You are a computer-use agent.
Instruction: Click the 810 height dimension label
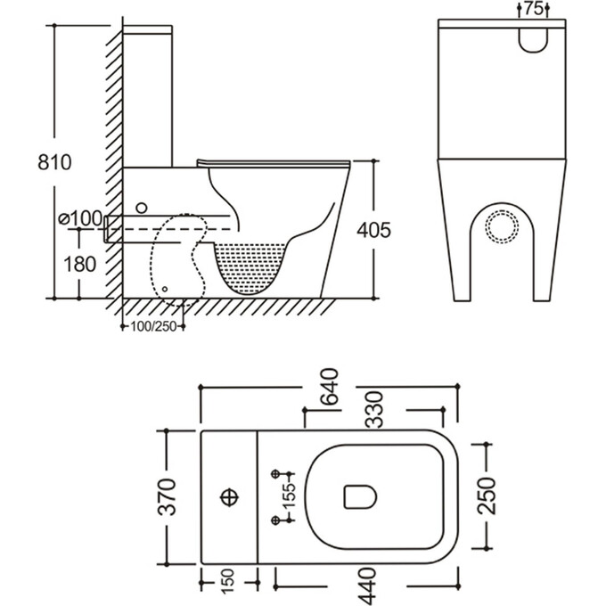[x=55, y=162]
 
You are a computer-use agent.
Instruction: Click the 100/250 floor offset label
[x=153, y=327]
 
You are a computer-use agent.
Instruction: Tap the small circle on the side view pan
[x=140, y=208]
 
